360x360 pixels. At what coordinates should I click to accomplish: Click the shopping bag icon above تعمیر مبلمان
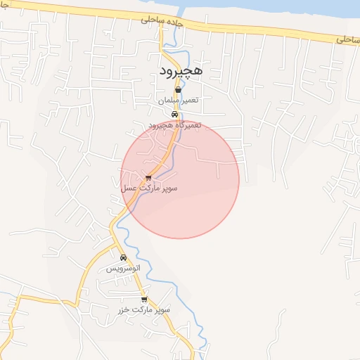point(178,90)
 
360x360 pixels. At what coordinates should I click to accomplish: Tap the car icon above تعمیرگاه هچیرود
point(174,115)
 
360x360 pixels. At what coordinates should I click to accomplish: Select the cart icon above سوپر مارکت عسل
point(148,178)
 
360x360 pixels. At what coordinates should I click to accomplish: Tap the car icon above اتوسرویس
point(123,257)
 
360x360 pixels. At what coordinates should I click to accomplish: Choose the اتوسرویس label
point(123,269)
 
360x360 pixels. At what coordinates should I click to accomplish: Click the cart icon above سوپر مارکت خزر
point(144,299)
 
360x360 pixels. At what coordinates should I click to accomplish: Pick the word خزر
point(125,310)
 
